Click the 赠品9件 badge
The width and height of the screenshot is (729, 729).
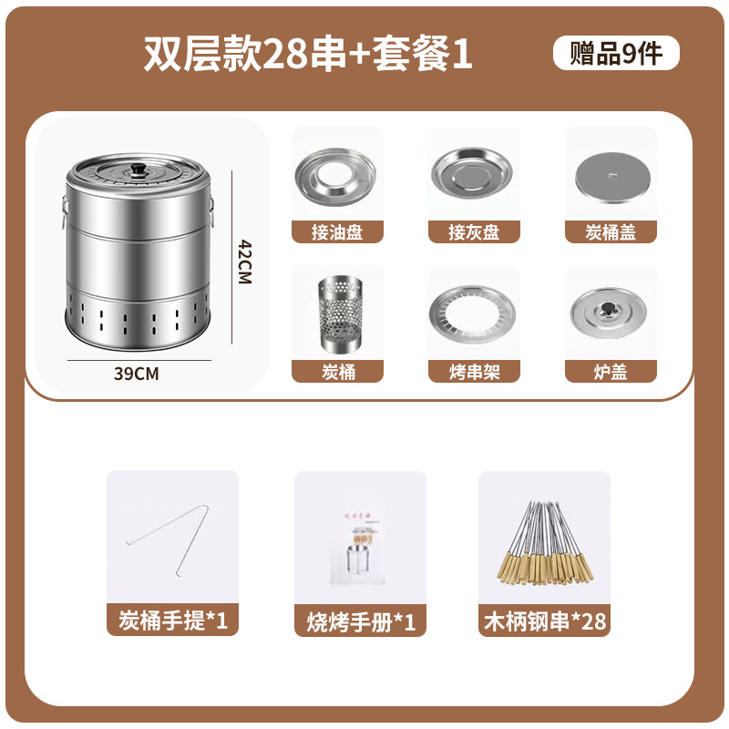point(616,54)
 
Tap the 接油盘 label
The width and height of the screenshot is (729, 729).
point(337,231)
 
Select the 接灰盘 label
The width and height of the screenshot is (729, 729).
point(474,231)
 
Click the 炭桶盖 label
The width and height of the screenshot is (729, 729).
point(611,231)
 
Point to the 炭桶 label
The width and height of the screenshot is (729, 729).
point(337,371)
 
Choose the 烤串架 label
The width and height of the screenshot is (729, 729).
point(474,371)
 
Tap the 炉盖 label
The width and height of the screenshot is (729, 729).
point(611,371)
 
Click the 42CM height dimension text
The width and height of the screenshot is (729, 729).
point(244,262)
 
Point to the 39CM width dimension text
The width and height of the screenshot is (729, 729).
point(136,373)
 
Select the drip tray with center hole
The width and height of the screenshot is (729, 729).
point(336,176)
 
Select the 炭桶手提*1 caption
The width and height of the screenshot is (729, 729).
point(172,621)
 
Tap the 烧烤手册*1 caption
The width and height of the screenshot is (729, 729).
point(360,621)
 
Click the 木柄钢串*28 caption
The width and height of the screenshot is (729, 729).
point(544,621)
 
